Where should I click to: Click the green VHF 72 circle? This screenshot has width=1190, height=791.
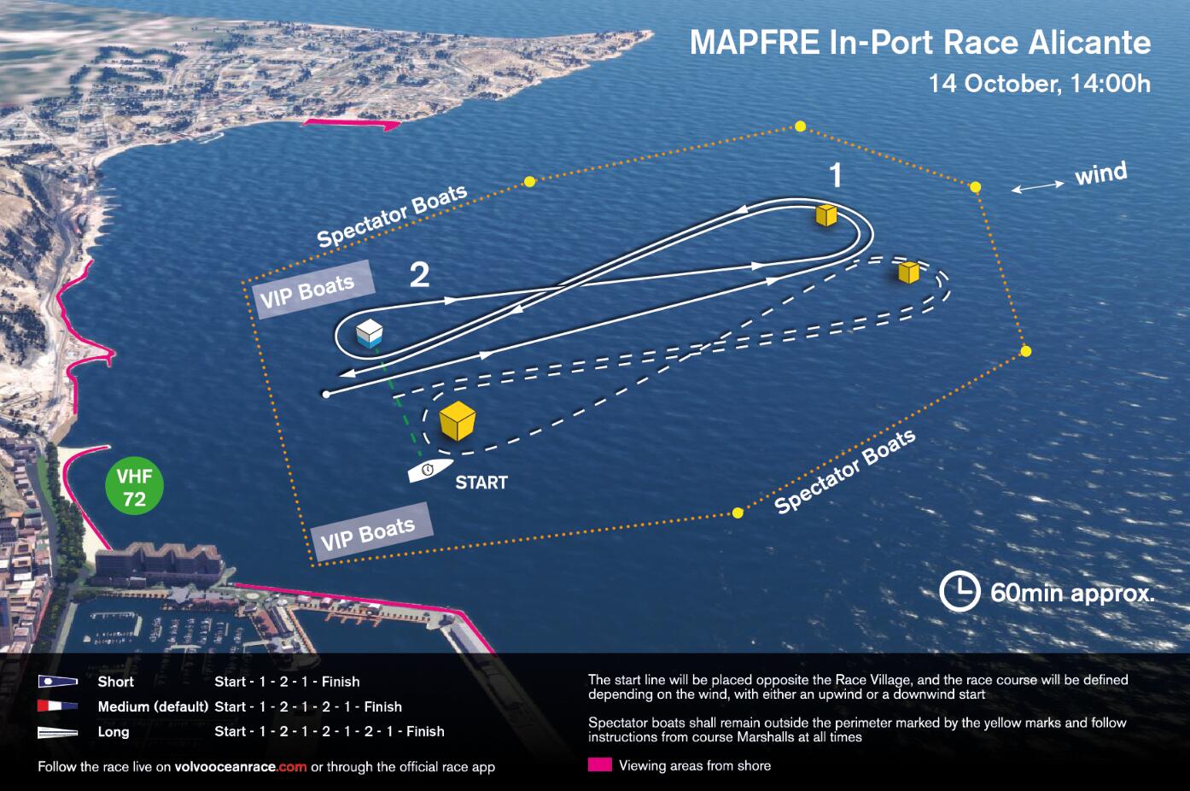[134, 486]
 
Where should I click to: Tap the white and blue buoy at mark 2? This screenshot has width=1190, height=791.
[370, 334]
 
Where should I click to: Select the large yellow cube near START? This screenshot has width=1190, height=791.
[458, 420]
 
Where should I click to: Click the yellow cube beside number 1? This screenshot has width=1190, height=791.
[826, 215]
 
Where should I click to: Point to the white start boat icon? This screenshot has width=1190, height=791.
[430, 471]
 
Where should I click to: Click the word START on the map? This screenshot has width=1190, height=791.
[481, 483]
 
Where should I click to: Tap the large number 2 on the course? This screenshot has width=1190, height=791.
[420, 275]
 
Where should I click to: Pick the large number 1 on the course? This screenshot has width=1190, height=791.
[837, 175]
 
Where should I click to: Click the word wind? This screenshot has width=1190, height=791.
[1100, 173]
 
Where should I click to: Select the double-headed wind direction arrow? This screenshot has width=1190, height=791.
[1037, 186]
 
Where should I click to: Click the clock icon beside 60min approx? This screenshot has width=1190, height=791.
[960, 592]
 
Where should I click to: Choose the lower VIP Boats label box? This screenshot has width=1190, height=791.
[372, 533]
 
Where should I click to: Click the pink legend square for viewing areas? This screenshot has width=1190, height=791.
[600, 765]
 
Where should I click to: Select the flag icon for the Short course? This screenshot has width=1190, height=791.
[58, 682]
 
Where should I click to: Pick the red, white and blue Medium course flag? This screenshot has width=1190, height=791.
[58, 706]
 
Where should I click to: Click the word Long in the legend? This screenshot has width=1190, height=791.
[114, 731]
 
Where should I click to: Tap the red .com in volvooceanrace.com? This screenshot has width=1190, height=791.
[292, 767]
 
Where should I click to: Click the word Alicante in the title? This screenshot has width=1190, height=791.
[1089, 43]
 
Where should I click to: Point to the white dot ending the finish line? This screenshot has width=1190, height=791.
[326, 395]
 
